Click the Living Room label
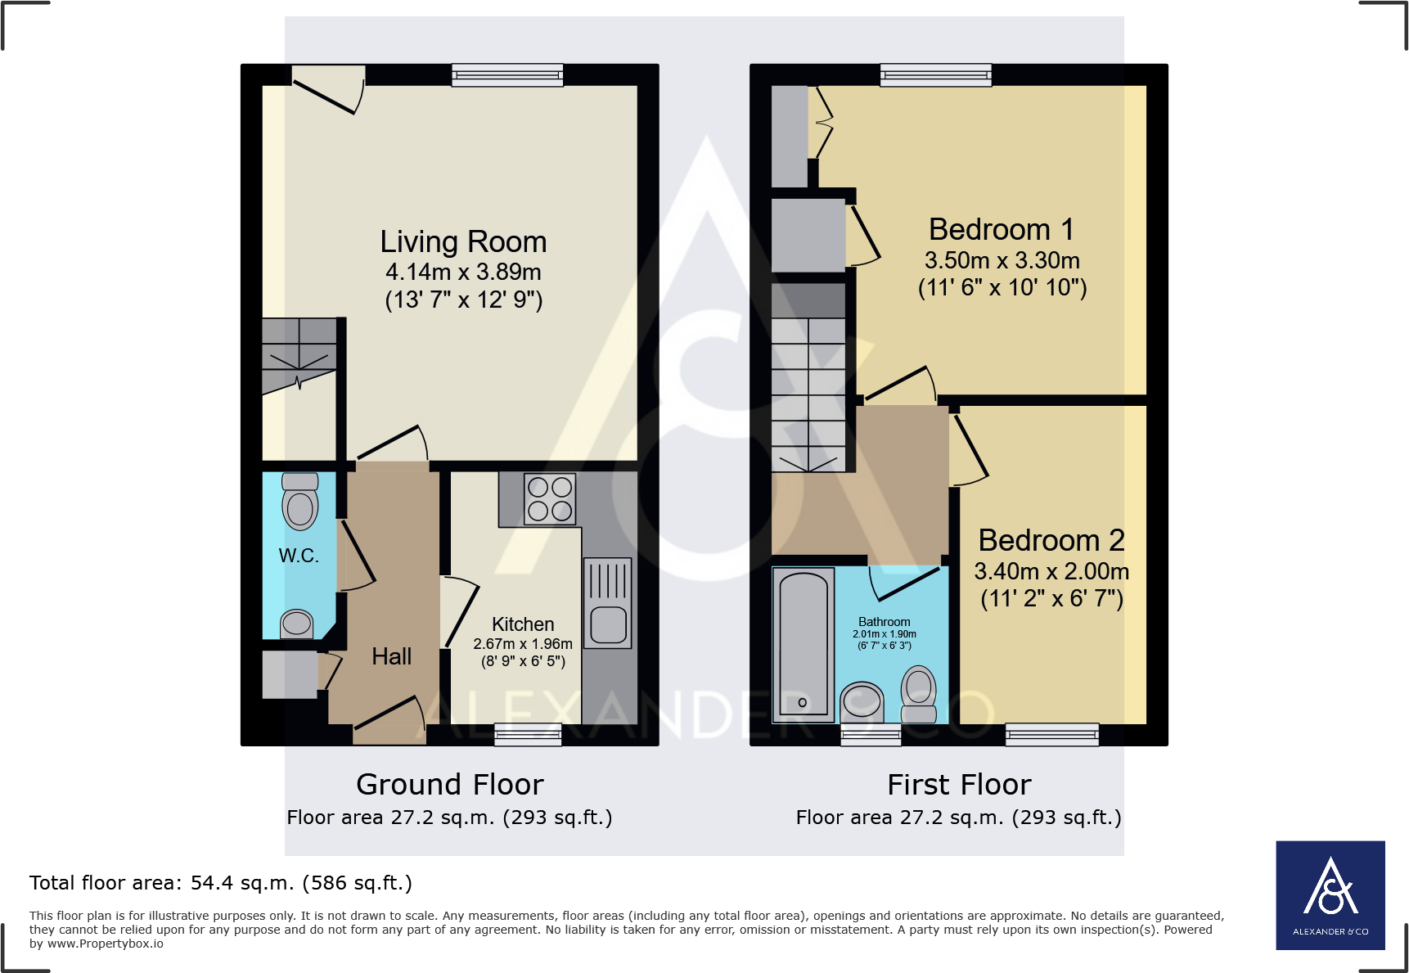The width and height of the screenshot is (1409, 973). coord(463,242)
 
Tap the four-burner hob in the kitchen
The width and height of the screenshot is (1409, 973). coord(550,499)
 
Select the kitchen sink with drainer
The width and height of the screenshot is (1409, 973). coord(607,603)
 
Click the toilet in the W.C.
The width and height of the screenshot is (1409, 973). coord(300,501)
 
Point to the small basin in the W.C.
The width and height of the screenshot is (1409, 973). coord(297,624)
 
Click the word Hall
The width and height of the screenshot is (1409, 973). coord(391,656)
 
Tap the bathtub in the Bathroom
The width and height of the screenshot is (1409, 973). coord(804,646)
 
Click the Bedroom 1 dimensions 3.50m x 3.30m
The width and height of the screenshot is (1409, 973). coord(1002,260)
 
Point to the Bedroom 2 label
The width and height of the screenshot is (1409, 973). coord(1051,540)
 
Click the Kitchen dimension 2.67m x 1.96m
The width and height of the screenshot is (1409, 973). coord(523,644)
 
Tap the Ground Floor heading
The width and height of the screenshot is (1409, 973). coord(449,784)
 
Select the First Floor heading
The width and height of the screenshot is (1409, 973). coord(959,784)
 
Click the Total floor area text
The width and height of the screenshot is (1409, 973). coord(221,883)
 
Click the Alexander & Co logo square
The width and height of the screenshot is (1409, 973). coord(1330,894)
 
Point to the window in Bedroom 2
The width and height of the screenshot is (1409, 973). coord(1051,734)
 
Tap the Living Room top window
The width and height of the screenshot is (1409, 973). coord(507,75)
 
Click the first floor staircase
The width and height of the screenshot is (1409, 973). coord(808,393)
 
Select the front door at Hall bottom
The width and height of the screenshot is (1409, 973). coord(388,720)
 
